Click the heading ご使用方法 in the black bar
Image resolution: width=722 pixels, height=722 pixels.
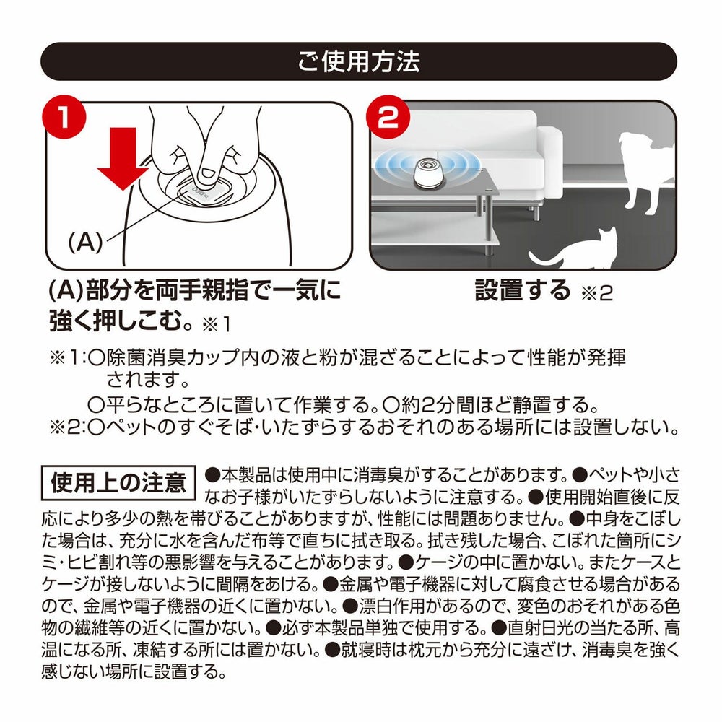click(x=359, y=61)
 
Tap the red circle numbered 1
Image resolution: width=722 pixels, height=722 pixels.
click(x=64, y=117)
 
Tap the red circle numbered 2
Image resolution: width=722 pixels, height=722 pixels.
click(x=388, y=117)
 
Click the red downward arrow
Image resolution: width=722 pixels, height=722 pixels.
click(x=123, y=158)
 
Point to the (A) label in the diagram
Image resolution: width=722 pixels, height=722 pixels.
click(x=84, y=241)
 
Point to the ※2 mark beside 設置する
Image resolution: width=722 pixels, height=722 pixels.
click(x=597, y=294)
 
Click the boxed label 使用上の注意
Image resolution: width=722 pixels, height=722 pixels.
click(x=119, y=483)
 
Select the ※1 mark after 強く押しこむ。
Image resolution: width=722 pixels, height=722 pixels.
click(x=216, y=325)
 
